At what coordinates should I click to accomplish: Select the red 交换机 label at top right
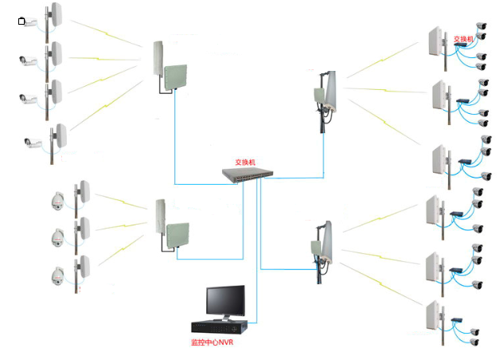tap(463, 38)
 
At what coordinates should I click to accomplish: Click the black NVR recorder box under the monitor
tap(219, 326)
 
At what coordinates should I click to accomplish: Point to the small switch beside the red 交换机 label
tap(462, 48)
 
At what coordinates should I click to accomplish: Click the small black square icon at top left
tap(21, 22)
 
